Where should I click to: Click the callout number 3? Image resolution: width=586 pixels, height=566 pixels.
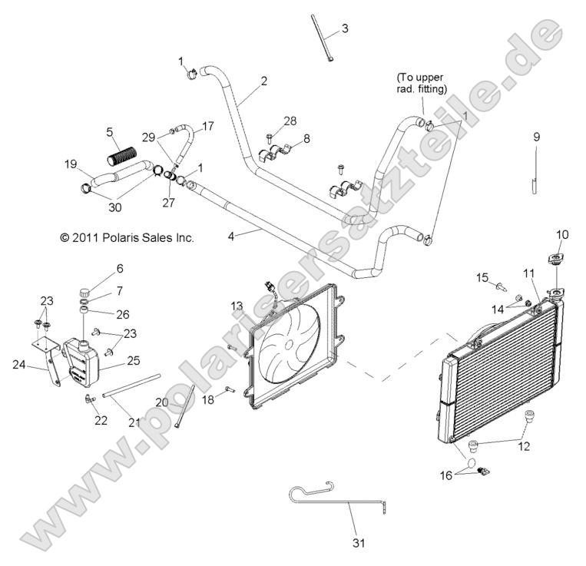pos(345,28)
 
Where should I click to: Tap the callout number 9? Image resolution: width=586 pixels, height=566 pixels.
pos(537,137)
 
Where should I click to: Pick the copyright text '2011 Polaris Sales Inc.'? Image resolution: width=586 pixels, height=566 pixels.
pos(127,238)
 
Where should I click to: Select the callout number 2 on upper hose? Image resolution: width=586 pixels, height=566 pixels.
pos(263,81)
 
